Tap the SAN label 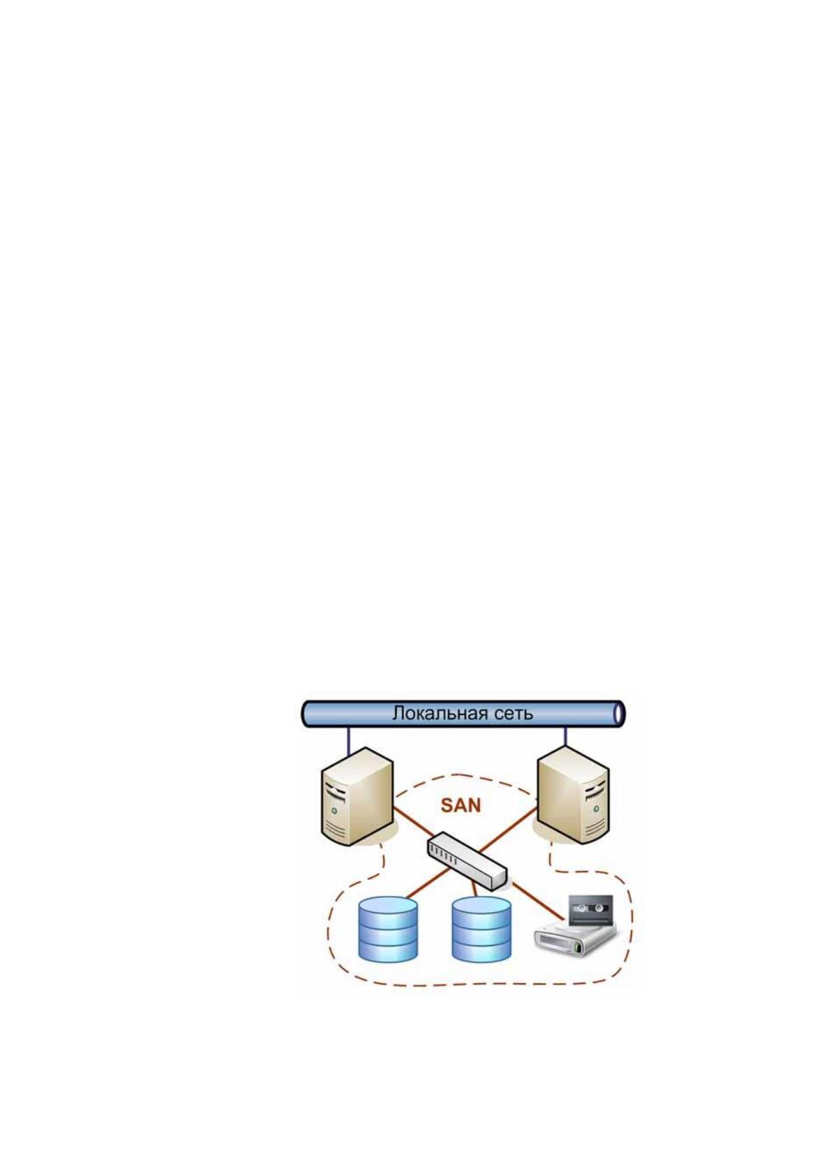[461, 804]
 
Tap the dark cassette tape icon [591, 909]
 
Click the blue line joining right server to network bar [565, 737]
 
